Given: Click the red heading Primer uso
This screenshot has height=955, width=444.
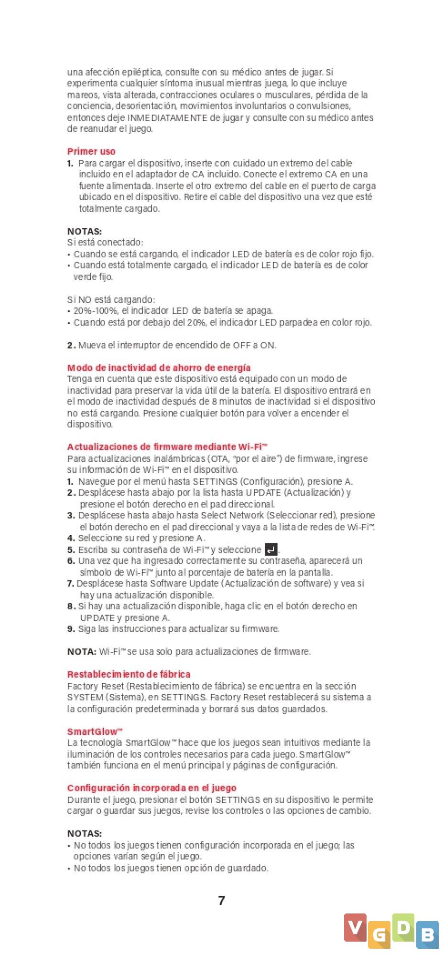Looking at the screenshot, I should pyautogui.click(x=91, y=151).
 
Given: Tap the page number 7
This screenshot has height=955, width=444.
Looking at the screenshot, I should pyautogui.click(x=221, y=900).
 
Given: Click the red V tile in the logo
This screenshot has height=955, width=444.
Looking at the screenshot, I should pyautogui.click(x=355, y=928).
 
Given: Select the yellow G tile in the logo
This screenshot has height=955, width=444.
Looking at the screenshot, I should pyautogui.click(x=379, y=934).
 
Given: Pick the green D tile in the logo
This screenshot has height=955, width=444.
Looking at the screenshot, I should pyautogui.click(x=403, y=928).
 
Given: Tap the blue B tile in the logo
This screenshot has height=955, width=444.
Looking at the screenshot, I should pyautogui.click(x=427, y=934).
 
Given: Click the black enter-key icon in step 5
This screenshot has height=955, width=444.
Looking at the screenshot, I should pyautogui.click(x=271, y=550).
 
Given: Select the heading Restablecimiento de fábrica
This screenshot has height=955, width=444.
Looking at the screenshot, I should pyautogui.click(x=129, y=674).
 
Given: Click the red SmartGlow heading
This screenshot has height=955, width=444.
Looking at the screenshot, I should pyautogui.click(x=95, y=732).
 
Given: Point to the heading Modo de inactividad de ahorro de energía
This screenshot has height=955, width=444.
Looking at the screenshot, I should pyautogui.click(x=159, y=368).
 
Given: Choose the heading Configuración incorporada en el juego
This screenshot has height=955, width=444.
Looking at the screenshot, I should pyautogui.click(x=152, y=788).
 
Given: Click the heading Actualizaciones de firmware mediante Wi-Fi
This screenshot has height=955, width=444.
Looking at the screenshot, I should pyautogui.click(x=167, y=447).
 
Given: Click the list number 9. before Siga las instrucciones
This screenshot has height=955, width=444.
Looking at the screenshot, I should pyautogui.click(x=71, y=629).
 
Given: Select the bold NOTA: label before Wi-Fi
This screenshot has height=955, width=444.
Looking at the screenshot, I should pyautogui.click(x=82, y=652).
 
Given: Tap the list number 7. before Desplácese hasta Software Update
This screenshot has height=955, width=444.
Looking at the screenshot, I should pyautogui.click(x=70, y=584).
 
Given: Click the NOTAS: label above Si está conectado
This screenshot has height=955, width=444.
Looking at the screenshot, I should pyautogui.click(x=85, y=232).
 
